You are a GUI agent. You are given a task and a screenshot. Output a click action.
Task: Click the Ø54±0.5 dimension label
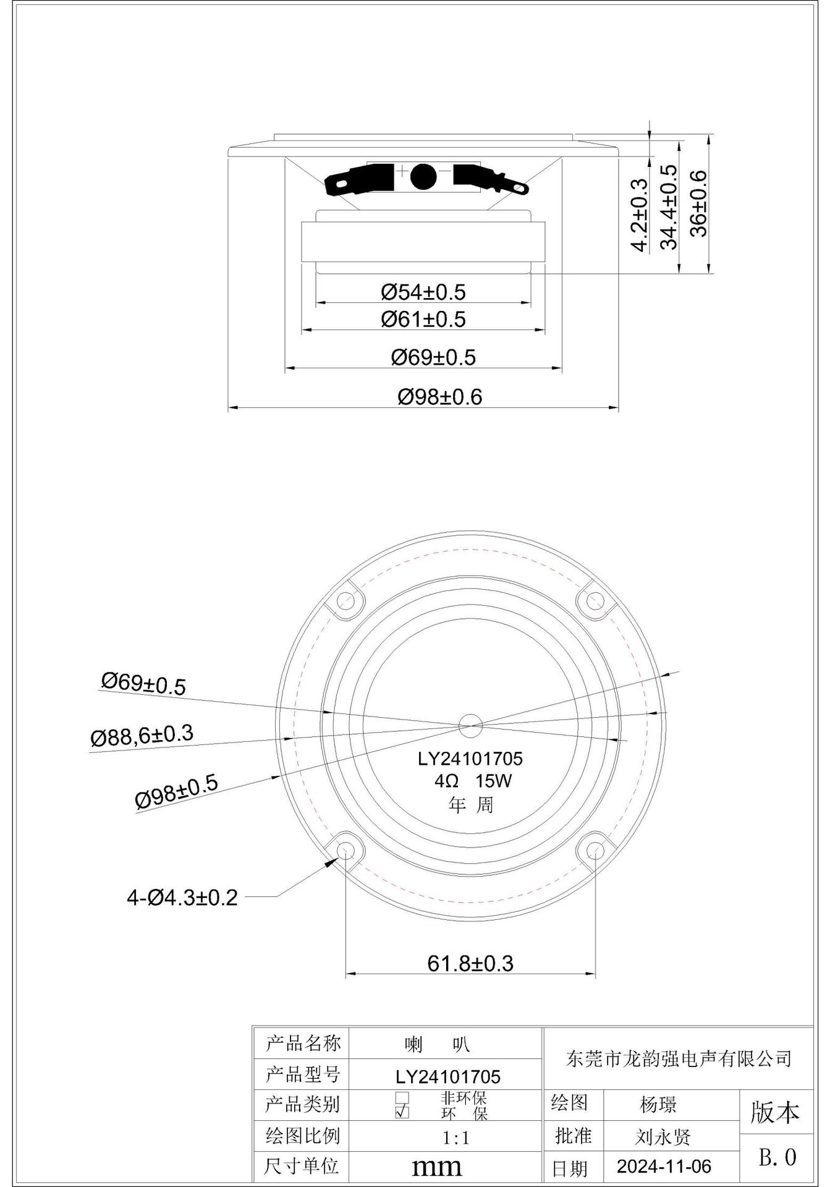[x=423, y=292]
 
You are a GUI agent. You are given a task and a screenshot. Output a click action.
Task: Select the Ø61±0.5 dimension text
[x=423, y=319]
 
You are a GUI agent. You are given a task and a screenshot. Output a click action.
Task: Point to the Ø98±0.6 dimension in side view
[x=439, y=396]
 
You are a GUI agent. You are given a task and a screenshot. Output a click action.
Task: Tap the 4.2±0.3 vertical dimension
[x=639, y=215]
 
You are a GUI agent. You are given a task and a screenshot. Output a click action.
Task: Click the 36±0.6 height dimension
[x=698, y=203]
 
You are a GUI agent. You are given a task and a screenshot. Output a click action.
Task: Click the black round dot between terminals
[x=423, y=176]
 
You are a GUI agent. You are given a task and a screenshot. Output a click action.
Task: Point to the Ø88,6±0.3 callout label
[x=142, y=736]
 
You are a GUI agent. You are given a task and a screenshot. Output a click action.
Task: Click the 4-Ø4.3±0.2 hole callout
[x=182, y=897]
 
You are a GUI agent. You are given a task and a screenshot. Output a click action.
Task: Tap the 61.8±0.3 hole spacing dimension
[x=470, y=963]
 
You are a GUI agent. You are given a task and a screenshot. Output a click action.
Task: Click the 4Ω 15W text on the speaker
[x=473, y=781]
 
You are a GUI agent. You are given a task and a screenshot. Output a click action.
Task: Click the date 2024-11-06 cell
[x=664, y=1166]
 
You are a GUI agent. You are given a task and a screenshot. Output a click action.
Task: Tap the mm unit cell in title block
[x=437, y=1167]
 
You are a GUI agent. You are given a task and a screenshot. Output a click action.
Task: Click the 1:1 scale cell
[x=456, y=1137]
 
